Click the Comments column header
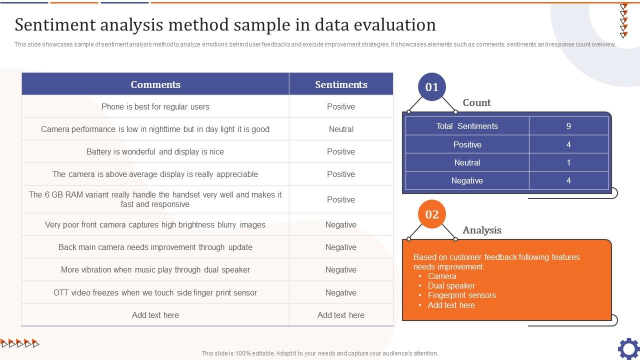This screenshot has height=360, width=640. [x=155, y=84]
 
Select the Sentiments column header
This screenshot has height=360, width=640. [x=341, y=84]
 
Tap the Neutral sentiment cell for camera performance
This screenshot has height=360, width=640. [x=341, y=129]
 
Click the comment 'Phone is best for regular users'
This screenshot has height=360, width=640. [x=155, y=106]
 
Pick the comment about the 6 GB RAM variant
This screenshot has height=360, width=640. [x=155, y=199]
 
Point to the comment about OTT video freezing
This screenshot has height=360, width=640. [x=155, y=292]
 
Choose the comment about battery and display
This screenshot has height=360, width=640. [x=155, y=151]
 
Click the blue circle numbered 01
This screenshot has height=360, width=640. [x=431, y=87]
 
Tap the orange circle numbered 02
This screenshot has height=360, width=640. [x=431, y=214]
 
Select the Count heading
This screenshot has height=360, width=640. [x=477, y=102]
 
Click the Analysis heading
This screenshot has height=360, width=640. [x=482, y=230]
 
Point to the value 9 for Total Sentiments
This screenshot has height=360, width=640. [x=568, y=126]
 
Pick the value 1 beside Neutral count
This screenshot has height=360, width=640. [x=568, y=162]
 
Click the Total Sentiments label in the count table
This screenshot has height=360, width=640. [x=467, y=126]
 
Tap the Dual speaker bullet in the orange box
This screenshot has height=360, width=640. [x=451, y=285]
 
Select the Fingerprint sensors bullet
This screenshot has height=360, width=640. [x=461, y=295]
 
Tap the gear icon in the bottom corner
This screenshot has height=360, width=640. [x=628, y=349]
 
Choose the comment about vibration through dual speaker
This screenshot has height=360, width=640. [x=155, y=269]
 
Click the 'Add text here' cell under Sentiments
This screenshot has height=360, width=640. [x=341, y=315]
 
